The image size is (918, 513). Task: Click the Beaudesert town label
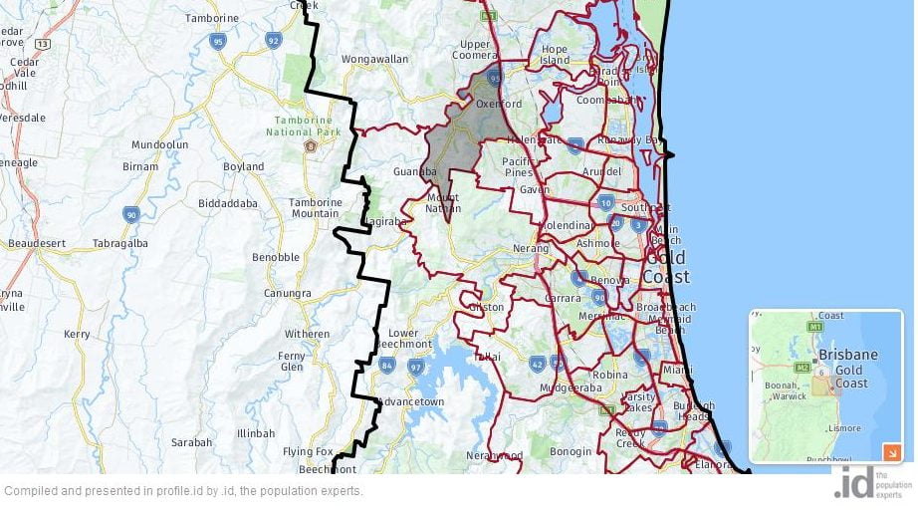(36, 243)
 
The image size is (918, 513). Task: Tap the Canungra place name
(288, 293)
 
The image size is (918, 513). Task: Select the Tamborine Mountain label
(315, 208)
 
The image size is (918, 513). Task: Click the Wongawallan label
(375, 60)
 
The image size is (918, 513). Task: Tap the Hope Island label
(555, 55)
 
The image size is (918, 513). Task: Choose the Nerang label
(533, 248)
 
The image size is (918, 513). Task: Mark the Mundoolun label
(160, 144)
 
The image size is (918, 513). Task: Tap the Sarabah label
(191, 441)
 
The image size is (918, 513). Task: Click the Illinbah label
(256, 433)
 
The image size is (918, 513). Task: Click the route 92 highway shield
(274, 40)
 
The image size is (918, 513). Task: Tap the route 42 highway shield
(538, 364)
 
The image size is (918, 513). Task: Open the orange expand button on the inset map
(891, 452)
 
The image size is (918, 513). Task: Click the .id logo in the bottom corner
(854, 482)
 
